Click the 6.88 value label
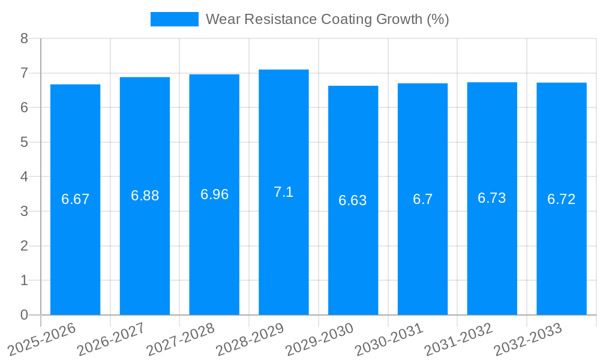(145, 196)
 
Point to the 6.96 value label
(214, 194)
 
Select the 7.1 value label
(283, 192)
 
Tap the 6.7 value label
(422, 199)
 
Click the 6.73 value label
(491, 199)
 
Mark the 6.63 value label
(353, 200)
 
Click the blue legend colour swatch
(174, 19)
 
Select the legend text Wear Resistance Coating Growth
(327, 19)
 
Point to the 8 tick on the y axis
(24, 38)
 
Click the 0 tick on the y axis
(24, 315)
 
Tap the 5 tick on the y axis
(24, 142)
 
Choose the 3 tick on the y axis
(24, 211)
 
